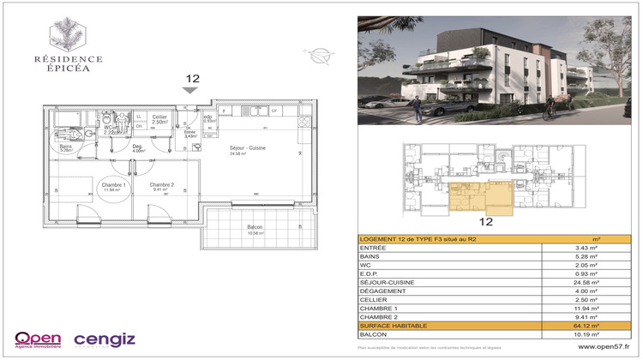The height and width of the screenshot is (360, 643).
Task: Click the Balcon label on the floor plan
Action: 255,226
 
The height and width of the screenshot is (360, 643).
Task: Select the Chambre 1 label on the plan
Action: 114,186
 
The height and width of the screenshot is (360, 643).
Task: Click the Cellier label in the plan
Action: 159,117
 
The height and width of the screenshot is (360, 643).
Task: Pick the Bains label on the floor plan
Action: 66,147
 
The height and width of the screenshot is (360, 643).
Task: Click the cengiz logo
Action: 105,340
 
